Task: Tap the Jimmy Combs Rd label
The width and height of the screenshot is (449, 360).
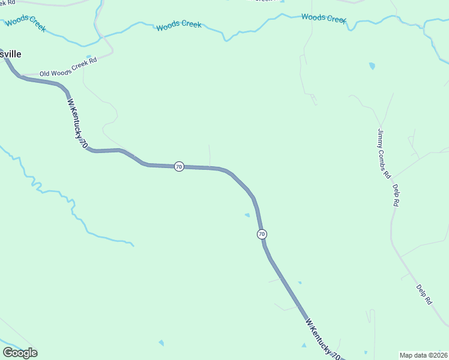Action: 384,154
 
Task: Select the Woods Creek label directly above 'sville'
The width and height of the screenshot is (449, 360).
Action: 24,23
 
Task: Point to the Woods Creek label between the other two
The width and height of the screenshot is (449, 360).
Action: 179,26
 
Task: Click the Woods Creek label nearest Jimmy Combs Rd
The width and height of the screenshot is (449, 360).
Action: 324,18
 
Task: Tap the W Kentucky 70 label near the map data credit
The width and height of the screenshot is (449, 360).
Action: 324,339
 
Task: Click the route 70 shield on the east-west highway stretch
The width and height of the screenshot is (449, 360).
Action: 179,166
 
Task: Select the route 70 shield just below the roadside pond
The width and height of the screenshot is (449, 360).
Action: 262,234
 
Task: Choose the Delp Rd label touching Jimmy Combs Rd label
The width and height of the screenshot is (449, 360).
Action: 396,196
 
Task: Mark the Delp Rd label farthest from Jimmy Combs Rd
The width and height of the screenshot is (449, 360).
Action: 424,295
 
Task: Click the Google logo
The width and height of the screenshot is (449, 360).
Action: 20,352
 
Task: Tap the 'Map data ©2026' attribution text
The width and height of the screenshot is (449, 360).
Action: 423,355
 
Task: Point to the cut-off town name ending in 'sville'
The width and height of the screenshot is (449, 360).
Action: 11,54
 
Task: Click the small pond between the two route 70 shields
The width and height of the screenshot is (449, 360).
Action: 247,215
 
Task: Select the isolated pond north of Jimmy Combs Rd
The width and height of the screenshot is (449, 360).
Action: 372,65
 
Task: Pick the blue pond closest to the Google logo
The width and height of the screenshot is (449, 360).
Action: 161,343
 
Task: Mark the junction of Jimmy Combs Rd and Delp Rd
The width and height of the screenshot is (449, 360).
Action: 391,178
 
